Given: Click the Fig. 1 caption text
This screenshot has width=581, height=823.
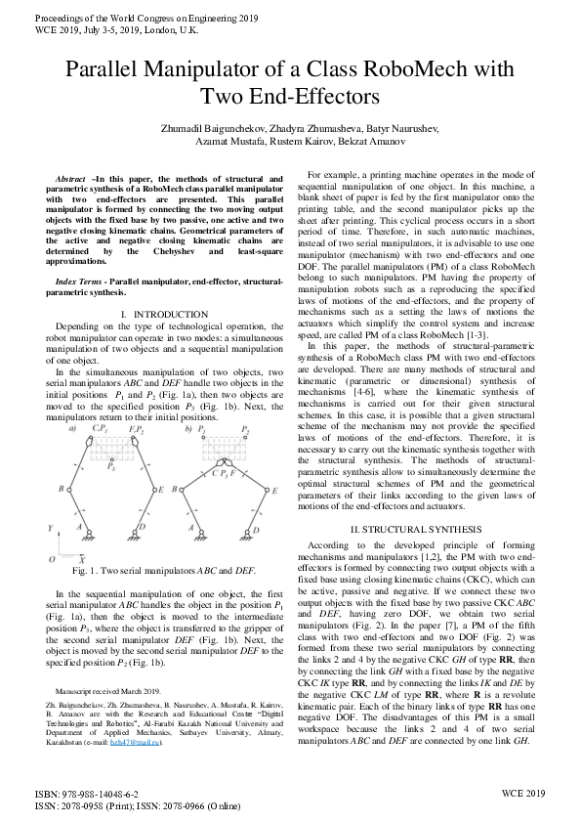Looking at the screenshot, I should click(164, 569).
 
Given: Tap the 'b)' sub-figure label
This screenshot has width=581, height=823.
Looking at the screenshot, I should click(188, 429).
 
